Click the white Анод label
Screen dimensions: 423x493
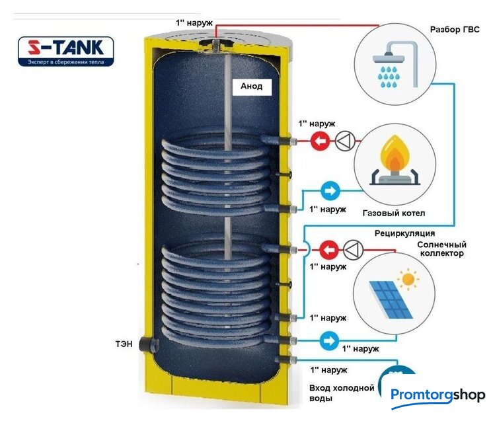(x=251, y=86)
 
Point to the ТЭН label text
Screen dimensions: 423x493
(x=124, y=344)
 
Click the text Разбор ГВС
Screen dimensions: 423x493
(x=459, y=30)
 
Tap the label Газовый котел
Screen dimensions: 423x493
(x=394, y=213)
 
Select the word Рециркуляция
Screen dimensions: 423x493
(x=404, y=233)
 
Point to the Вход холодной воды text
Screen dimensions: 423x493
(x=342, y=393)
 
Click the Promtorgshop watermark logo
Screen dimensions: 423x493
(x=437, y=395)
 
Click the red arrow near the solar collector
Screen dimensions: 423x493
(x=328, y=250)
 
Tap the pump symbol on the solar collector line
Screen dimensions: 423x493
(x=353, y=250)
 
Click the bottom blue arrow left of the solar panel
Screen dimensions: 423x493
(x=329, y=340)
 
